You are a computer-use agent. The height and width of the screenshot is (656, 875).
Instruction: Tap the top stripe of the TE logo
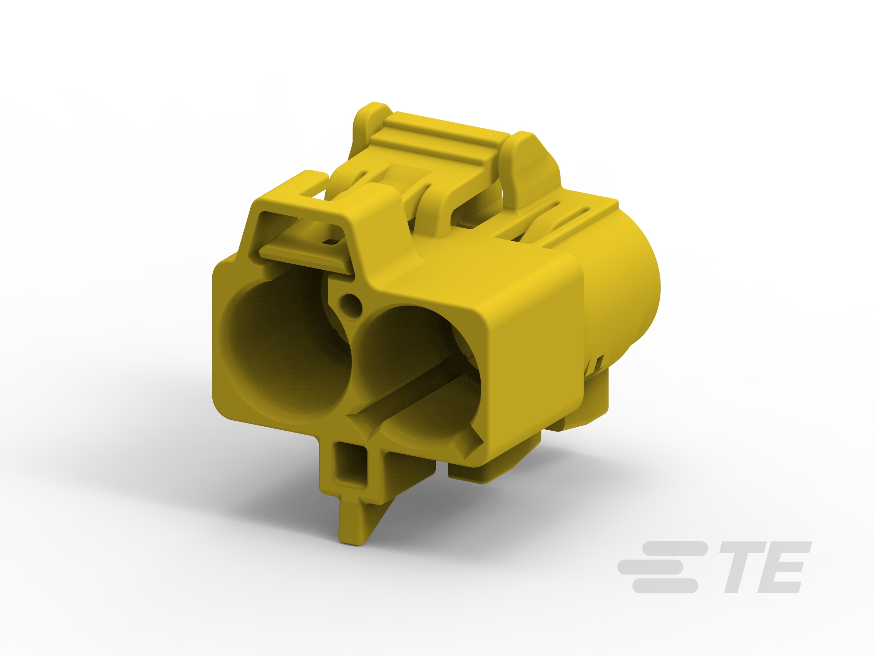tap(674, 548)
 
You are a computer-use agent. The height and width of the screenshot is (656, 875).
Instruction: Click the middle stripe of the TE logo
tap(651, 567)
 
